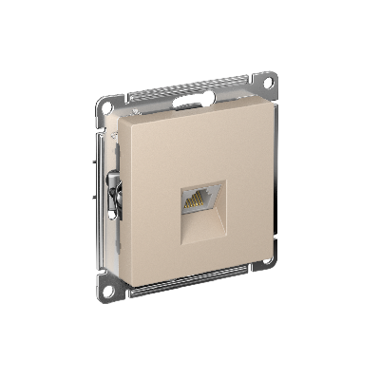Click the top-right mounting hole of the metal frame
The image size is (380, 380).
(269, 83)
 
